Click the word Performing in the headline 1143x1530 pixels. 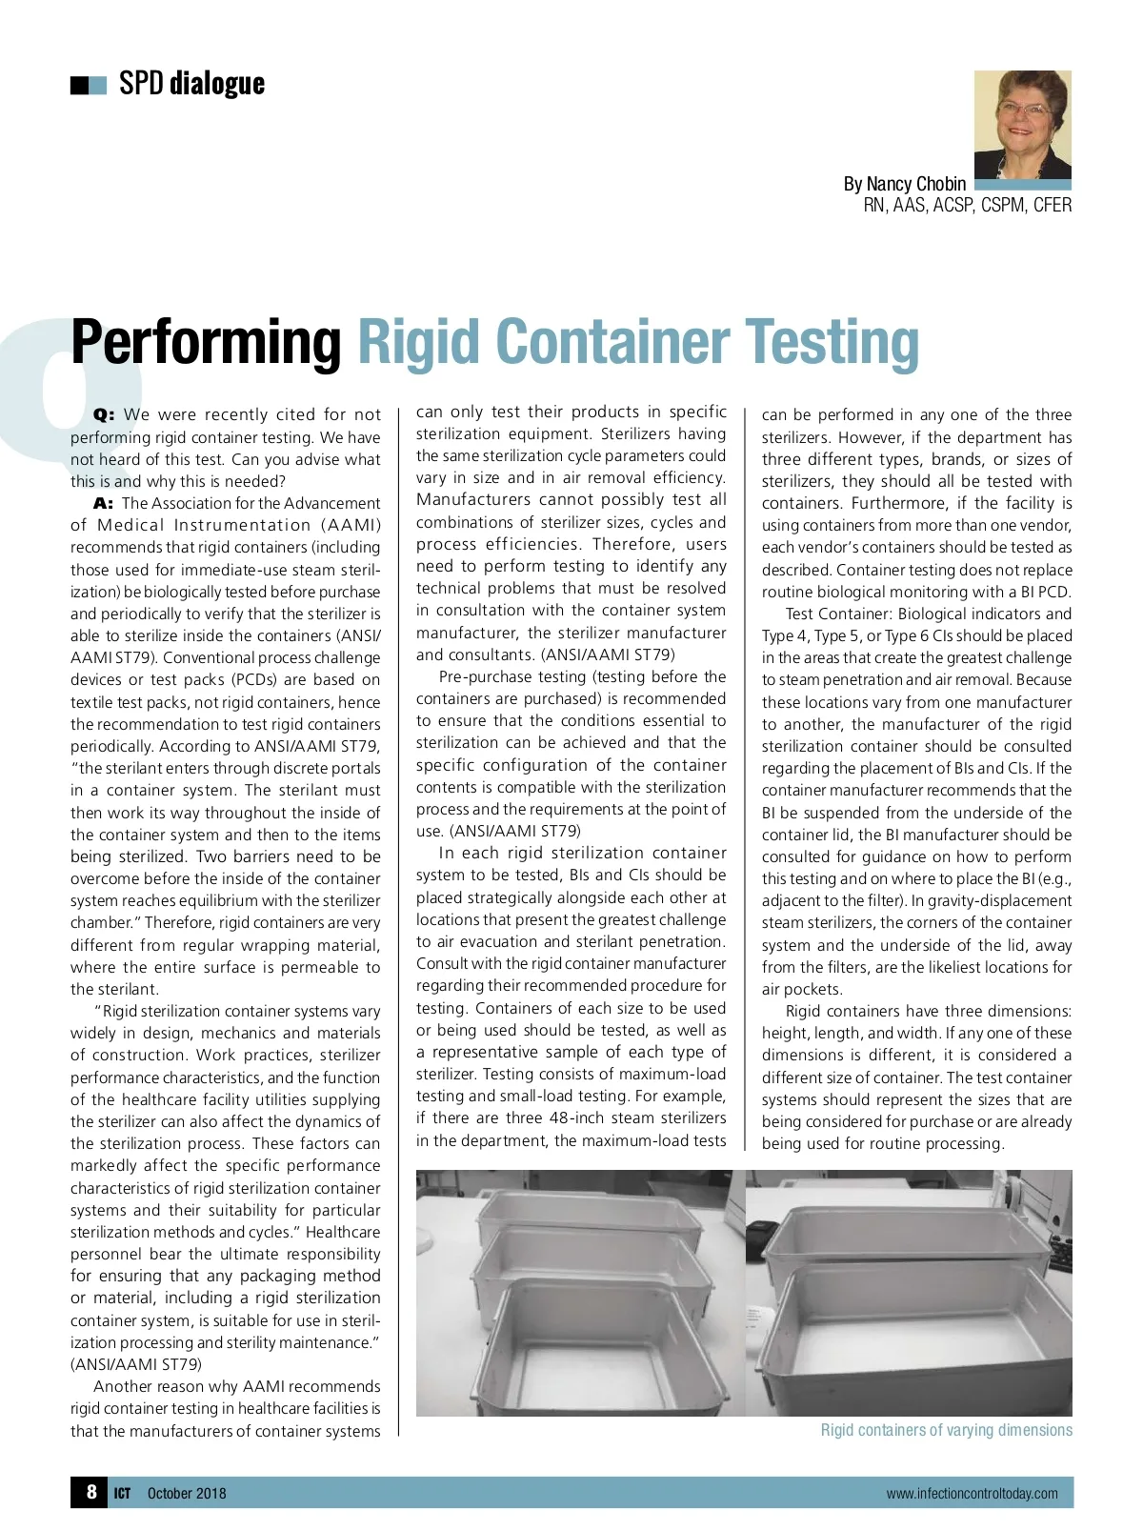click(x=206, y=342)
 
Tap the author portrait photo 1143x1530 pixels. click(x=1022, y=124)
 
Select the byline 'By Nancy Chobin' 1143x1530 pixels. click(x=904, y=184)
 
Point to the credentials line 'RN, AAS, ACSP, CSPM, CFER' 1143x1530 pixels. click(x=967, y=205)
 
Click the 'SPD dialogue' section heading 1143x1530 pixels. click(x=191, y=84)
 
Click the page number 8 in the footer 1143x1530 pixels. click(x=91, y=1492)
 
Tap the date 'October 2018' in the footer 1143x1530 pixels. click(x=187, y=1493)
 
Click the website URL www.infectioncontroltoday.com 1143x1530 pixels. click(x=972, y=1493)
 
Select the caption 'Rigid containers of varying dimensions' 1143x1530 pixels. click(x=946, y=1430)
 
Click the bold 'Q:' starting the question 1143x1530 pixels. click(x=104, y=415)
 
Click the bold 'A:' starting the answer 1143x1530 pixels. click(x=104, y=503)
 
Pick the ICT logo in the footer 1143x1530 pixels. click(x=122, y=1493)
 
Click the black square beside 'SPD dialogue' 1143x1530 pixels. click(x=79, y=86)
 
